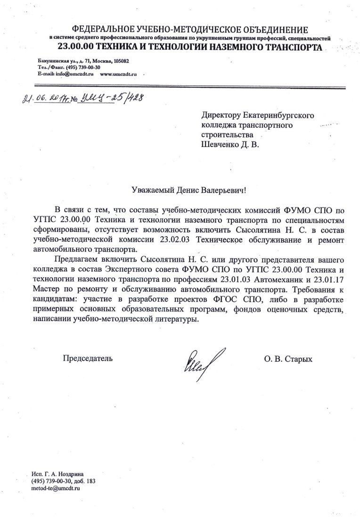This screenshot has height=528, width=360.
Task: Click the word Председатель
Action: (x=88, y=359)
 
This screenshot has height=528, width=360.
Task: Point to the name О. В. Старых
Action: (x=288, y=359)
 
